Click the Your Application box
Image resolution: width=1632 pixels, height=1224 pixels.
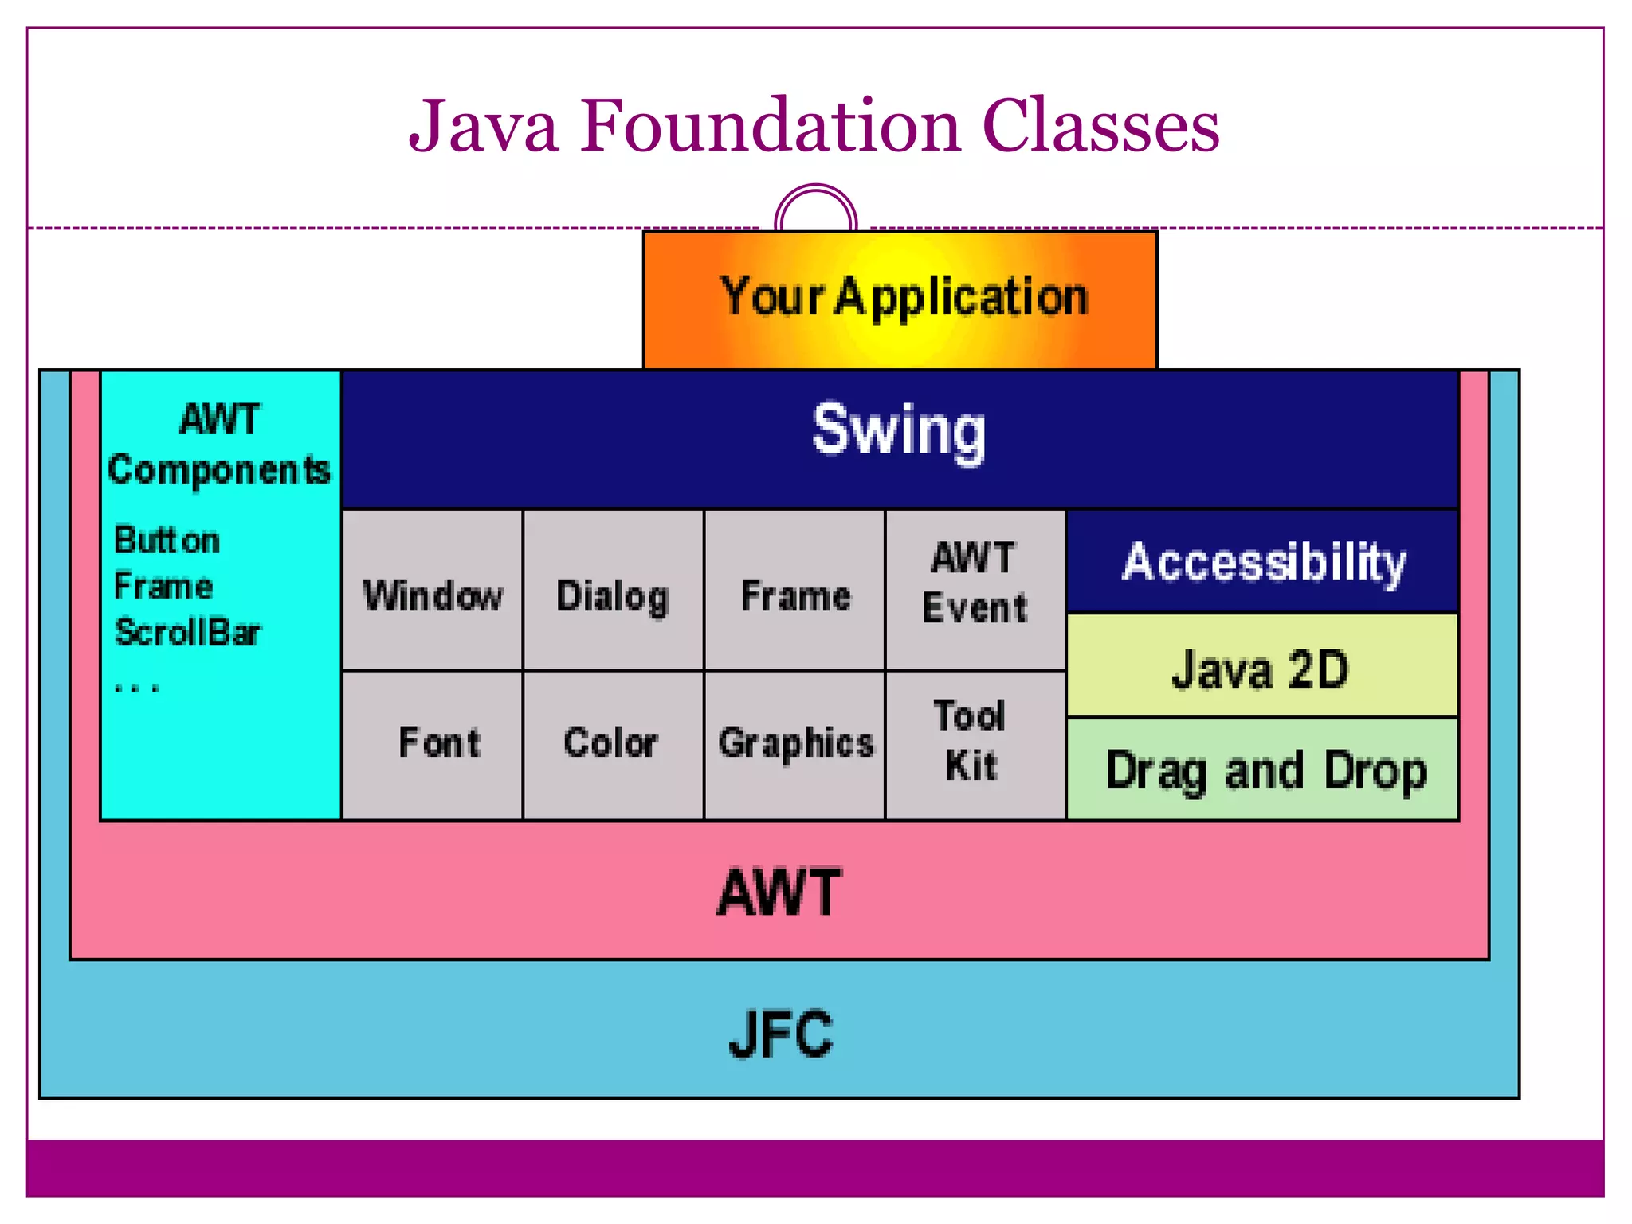pyautogui.click(x=900, y=299)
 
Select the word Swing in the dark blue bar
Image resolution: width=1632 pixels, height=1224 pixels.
pyautogui.click(x=898, y=431)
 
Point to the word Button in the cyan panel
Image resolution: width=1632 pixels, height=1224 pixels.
pyautogui.click(x=167, y=540)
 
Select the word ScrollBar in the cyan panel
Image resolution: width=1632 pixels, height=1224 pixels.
pyautogui.click(x=187, y=633)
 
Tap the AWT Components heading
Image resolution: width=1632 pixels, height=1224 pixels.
pyautogui.click(x=219, y=445)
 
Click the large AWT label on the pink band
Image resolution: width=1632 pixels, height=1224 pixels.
pyautogui.click(x=779, y=892)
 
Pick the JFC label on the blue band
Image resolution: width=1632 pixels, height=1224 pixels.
pyautogui.click(x=780, y=1034)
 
